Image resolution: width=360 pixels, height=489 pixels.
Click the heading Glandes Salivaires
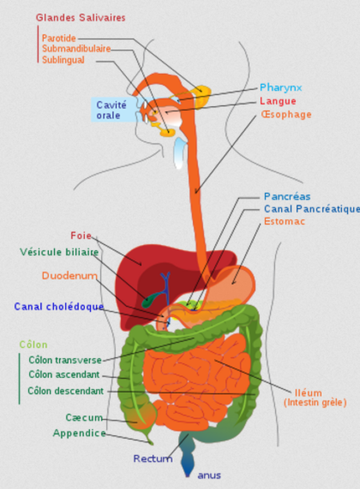(81, 18)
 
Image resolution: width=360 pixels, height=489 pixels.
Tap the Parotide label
(59, 38)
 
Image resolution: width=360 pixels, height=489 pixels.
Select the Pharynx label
(281, 87)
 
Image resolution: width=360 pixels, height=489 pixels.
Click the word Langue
(278, 101)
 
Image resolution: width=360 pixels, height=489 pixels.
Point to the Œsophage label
(286, 114)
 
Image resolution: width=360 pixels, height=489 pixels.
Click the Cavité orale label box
(114, 110)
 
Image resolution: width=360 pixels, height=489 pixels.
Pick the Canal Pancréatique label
(311, 209)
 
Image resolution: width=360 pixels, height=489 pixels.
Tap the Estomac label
(284, 221)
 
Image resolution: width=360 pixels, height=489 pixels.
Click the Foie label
(81, 235)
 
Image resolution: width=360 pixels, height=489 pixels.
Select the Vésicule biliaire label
(59, 252)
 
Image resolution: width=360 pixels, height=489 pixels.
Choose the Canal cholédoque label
(59, 307)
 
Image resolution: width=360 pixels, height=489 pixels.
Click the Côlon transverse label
(65, 360)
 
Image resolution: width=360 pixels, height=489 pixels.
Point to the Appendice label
(79, 433)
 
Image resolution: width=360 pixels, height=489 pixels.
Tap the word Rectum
(153, 458)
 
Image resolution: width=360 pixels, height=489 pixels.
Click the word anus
(209, 476)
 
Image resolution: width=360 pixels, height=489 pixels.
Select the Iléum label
(308, 393)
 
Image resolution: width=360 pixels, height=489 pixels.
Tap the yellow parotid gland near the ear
(202, 96)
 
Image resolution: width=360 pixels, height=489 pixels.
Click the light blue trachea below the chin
(180, 153)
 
